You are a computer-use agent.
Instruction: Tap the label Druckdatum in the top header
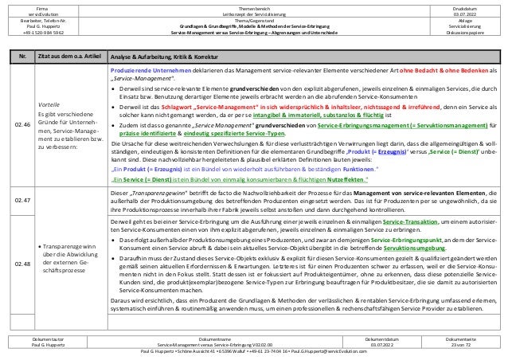coord(463,6)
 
